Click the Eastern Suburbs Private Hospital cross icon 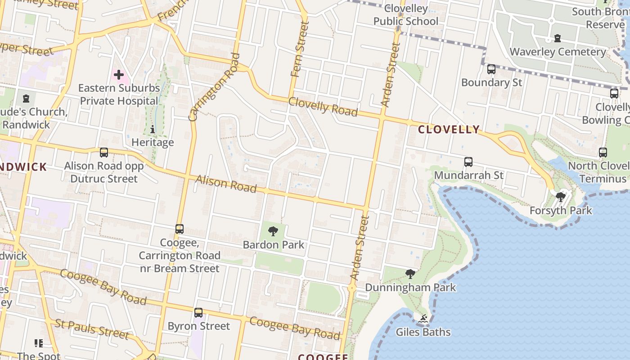(119, 74)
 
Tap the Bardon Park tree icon (273, 232)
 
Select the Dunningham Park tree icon (410, 274)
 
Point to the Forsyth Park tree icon (561, 197)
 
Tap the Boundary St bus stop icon (491, 69)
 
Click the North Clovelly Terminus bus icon (603, 153)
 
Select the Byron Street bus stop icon (198, 313)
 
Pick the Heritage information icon (153, 130)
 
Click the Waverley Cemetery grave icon (558, 39)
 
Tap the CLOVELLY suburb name (449, 130)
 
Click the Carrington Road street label (214, 88)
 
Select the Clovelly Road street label (323, 107)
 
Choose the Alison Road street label (226, 184)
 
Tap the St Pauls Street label (92, 329)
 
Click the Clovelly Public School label (405, 15)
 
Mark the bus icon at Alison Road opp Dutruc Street (104, 153)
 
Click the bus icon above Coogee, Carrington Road (180, 229)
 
